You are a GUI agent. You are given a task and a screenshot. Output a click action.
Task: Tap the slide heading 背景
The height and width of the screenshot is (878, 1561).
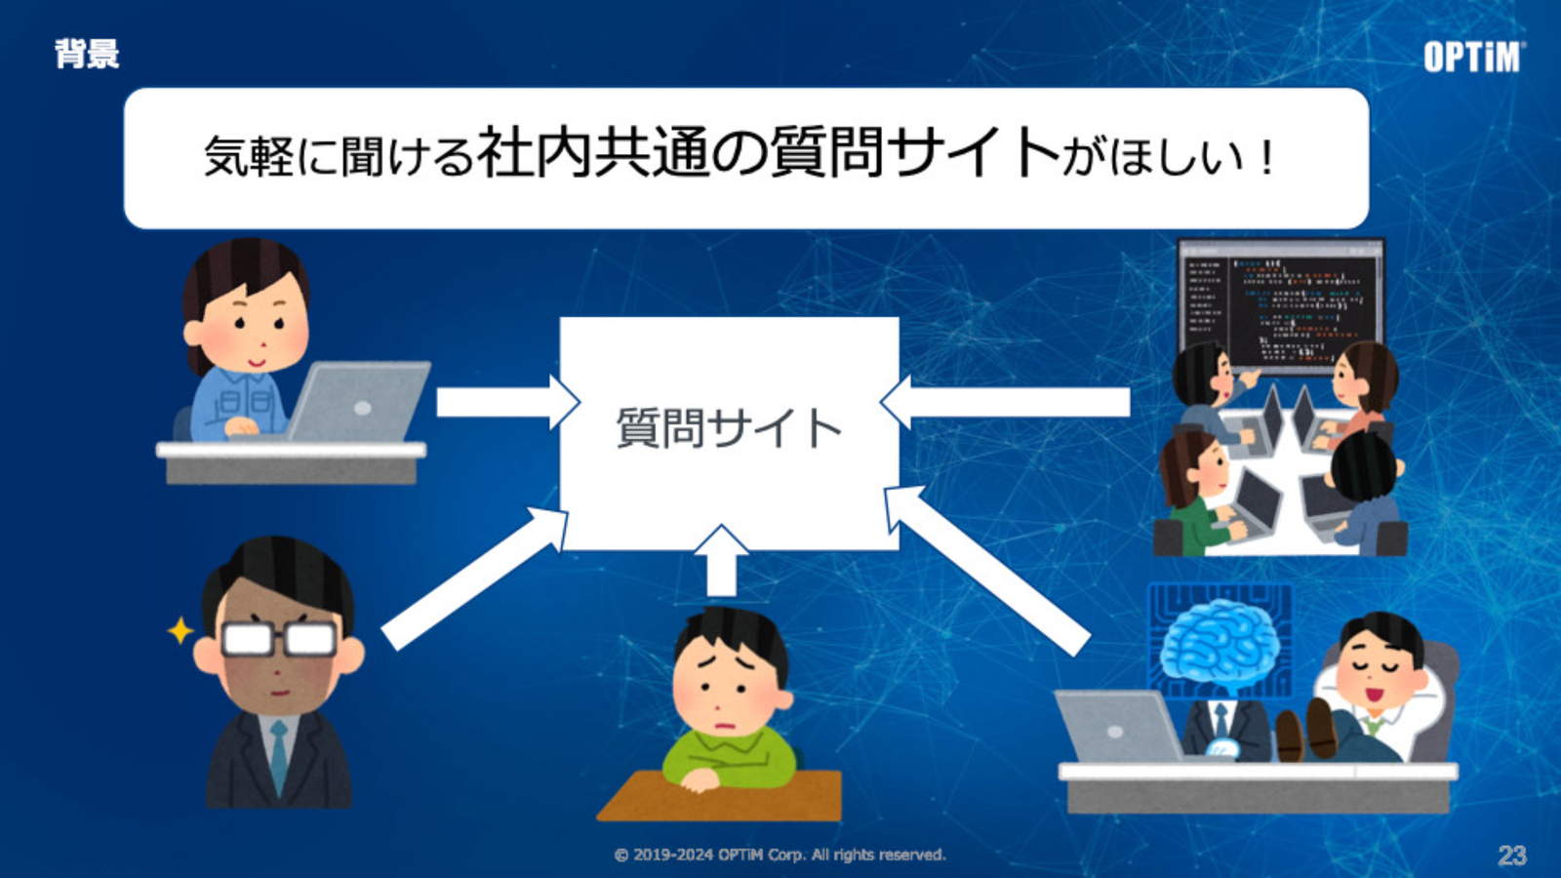pyautogui.click(x=87, y=54)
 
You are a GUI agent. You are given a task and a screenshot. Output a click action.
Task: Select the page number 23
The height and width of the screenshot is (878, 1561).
pyautogui.click(x=1512, y=855)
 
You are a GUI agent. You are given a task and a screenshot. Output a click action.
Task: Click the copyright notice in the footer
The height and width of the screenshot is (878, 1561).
pyautogui.click(x=780, y=855)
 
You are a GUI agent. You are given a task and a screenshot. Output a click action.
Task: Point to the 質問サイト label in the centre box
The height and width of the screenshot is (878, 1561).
pyautogui.click(x=729, y=428)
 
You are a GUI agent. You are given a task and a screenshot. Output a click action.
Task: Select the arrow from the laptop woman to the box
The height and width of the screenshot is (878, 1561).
pyautogui.click(x=508, y=403)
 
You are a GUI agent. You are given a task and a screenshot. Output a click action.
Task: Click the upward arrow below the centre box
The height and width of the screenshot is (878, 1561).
pyautogui.click(x=721, y=561)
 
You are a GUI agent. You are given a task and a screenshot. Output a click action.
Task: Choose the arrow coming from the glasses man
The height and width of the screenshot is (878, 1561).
pyautogui.click(x=475, y=578)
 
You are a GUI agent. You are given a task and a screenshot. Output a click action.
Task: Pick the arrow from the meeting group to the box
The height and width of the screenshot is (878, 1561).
pyautogui.click(x=1005, y=402)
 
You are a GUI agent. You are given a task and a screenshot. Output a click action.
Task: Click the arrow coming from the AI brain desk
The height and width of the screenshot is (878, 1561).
pyautogui.click(x=986, y=570)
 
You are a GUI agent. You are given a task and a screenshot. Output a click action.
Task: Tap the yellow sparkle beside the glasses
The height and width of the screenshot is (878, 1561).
pyautogui.click(x=180, y=630)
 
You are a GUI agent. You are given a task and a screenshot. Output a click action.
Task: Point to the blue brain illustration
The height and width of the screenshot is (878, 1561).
pyautogui.click(x=1220, y=647)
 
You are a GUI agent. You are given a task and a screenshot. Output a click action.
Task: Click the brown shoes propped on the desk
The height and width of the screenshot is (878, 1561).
pyautogui.click(x=1305, y=730)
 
